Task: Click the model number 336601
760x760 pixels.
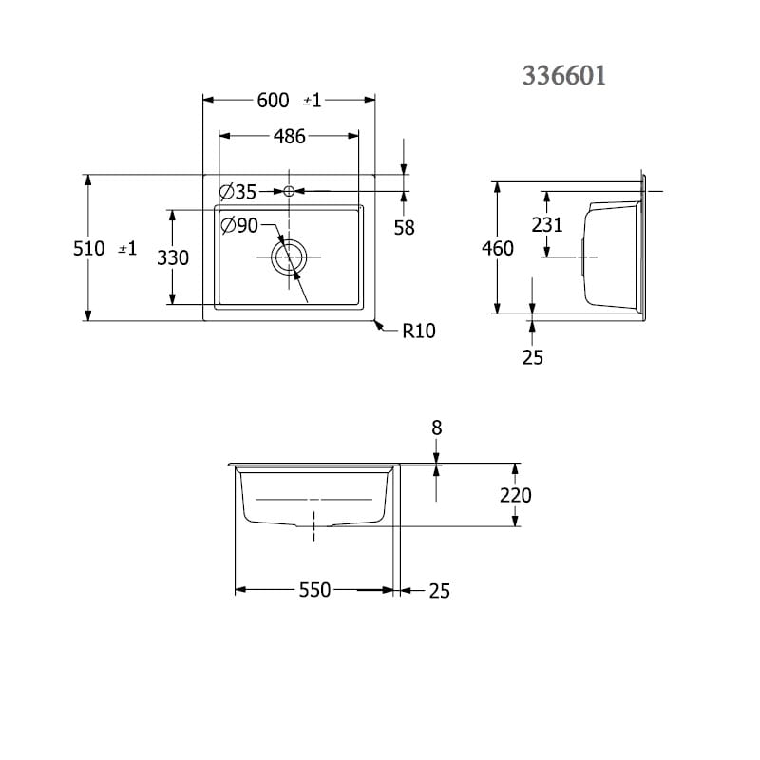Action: point(564,76)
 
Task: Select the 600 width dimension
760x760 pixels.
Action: point(273,101)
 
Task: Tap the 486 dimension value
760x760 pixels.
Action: point(290,137)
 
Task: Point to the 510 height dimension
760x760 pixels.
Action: point(88,248)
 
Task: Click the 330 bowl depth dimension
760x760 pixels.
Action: point(173,257)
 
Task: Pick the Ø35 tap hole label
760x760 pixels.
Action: point(237,192)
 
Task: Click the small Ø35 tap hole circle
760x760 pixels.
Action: point(289,192)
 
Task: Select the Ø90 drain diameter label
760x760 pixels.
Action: point(239,225)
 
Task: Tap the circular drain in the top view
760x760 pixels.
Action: point(290,256)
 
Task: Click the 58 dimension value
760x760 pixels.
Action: point(405,228)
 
